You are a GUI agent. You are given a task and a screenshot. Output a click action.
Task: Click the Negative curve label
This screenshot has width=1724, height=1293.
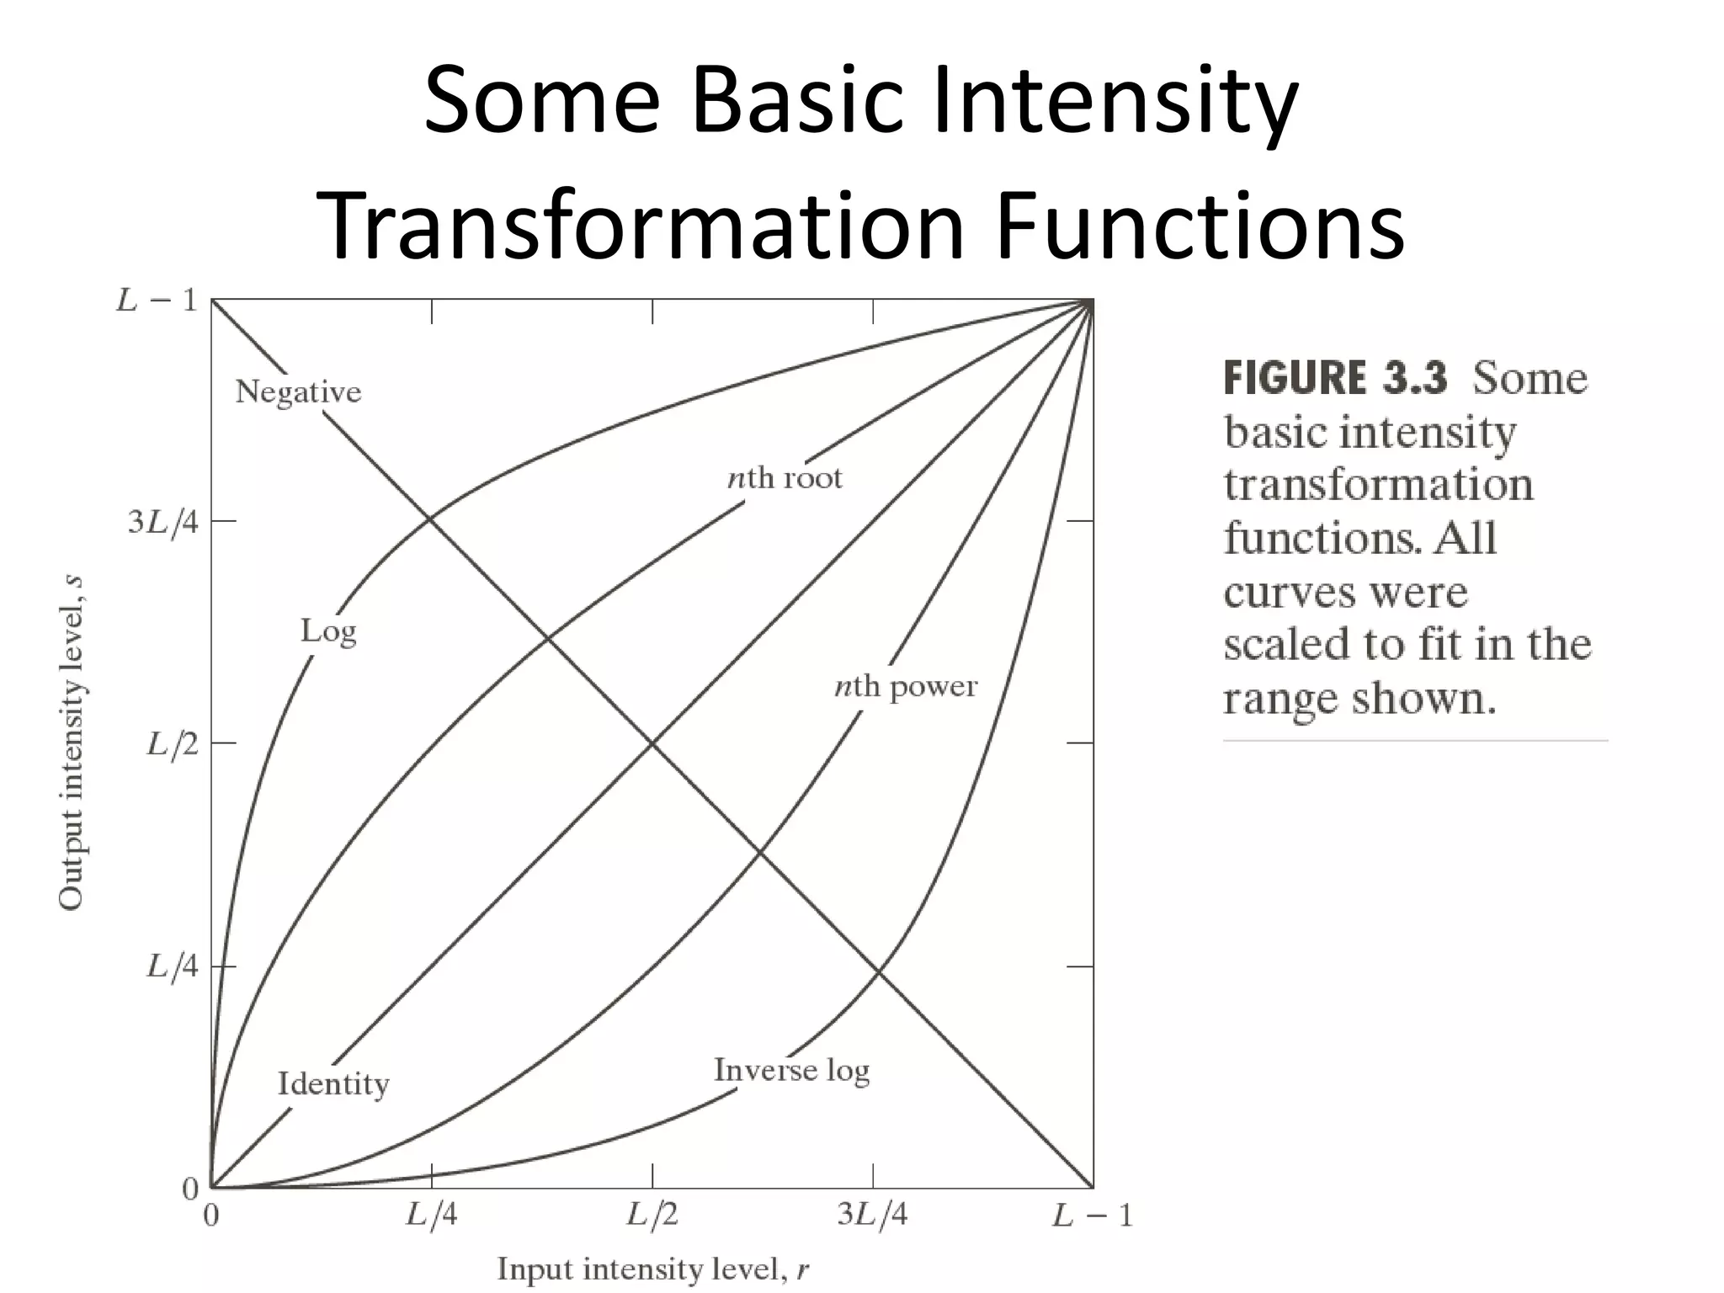click(298, 392)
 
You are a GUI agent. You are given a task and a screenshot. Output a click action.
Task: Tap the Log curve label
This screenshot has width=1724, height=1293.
click(328, 631)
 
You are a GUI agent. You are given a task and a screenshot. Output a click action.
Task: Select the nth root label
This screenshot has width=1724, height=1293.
click(784, 478)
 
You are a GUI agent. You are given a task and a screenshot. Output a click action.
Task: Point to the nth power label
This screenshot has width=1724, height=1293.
click(905, 687)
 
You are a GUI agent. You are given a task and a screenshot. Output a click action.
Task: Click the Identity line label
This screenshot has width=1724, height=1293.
click(333, 1083)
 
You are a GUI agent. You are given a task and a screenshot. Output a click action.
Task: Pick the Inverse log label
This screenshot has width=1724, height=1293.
click(791, 1070)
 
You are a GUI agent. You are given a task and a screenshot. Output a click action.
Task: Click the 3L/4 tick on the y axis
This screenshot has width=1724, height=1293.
click(163, 523)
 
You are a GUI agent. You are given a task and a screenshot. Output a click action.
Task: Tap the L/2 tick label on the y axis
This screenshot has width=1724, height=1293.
click(173, 744)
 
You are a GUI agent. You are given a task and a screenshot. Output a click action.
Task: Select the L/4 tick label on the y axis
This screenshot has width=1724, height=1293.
click(173, 966)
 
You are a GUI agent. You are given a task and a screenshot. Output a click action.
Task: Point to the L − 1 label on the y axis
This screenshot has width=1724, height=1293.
click(157, 301)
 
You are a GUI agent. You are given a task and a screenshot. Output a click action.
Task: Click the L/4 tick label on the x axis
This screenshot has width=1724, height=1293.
click(432, 1215)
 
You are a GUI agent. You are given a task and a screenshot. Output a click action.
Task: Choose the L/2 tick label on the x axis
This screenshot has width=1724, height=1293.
click(652, 1215)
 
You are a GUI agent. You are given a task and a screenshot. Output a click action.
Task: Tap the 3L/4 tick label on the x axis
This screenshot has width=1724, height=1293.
click(872, 1215)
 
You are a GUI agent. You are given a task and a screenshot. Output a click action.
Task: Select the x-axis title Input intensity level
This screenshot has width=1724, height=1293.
click(652, 1269)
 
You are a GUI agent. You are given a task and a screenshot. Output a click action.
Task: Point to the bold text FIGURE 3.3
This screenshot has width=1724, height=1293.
click(1335, 378)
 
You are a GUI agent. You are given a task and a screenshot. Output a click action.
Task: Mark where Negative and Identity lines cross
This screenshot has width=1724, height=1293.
click(652, 743)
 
